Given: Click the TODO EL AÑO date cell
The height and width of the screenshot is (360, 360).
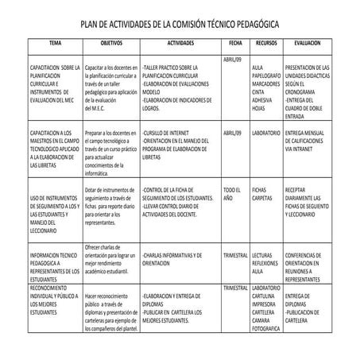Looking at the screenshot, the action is (x=231, y=195).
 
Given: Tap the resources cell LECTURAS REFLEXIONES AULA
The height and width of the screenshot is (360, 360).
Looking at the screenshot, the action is (x=265, y=263).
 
